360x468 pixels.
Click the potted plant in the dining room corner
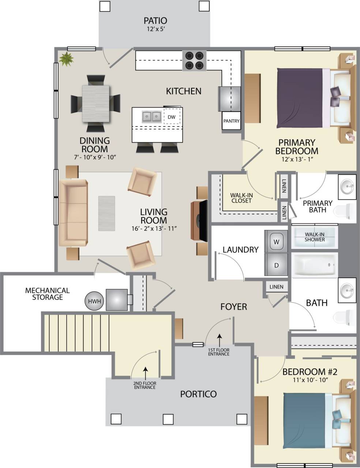tap(66, 59)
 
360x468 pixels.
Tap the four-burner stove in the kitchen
tap(194, 60)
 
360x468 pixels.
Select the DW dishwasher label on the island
tap(172, 117)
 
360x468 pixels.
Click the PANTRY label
tap(231, 121)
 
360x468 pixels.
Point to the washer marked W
tap(276, 241)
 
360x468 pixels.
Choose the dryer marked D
tap(276, 265)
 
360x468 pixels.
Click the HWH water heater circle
tap(95, 301)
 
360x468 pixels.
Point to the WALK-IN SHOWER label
tap(315, 237)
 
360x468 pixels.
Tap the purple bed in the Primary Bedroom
tap(300, 98)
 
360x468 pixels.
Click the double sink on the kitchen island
tap(151, 117)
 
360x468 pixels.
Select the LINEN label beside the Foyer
tap(276, 287)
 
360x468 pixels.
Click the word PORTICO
tap(198, 394)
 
